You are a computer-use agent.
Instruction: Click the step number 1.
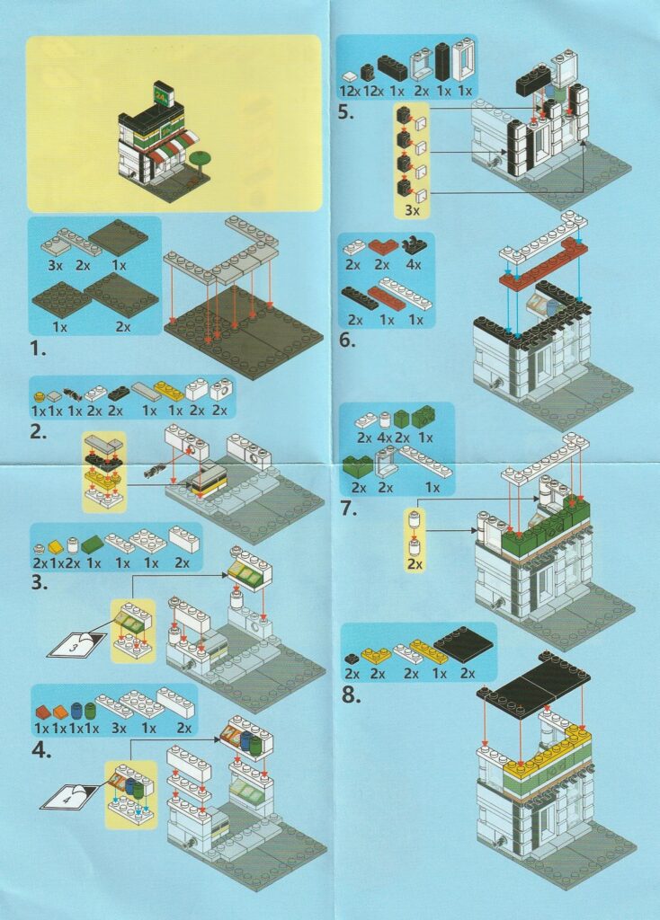point(38,349)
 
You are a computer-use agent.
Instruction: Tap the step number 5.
point(346,112)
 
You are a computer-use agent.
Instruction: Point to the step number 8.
point(351,695)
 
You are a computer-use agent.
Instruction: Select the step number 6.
point(348,340)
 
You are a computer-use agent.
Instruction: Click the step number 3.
point(39,583)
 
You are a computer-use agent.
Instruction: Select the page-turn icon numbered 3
point(76,644)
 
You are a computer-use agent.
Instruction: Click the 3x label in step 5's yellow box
point(412,210)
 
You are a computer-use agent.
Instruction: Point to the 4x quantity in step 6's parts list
point(414,265)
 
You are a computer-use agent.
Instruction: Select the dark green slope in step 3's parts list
point(93,545)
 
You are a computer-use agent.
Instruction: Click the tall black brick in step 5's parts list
point(442,62)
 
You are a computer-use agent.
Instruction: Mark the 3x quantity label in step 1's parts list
point(55,265)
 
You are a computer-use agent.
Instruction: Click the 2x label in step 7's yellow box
point(415,564)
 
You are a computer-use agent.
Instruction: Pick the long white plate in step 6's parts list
point(406,292)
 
